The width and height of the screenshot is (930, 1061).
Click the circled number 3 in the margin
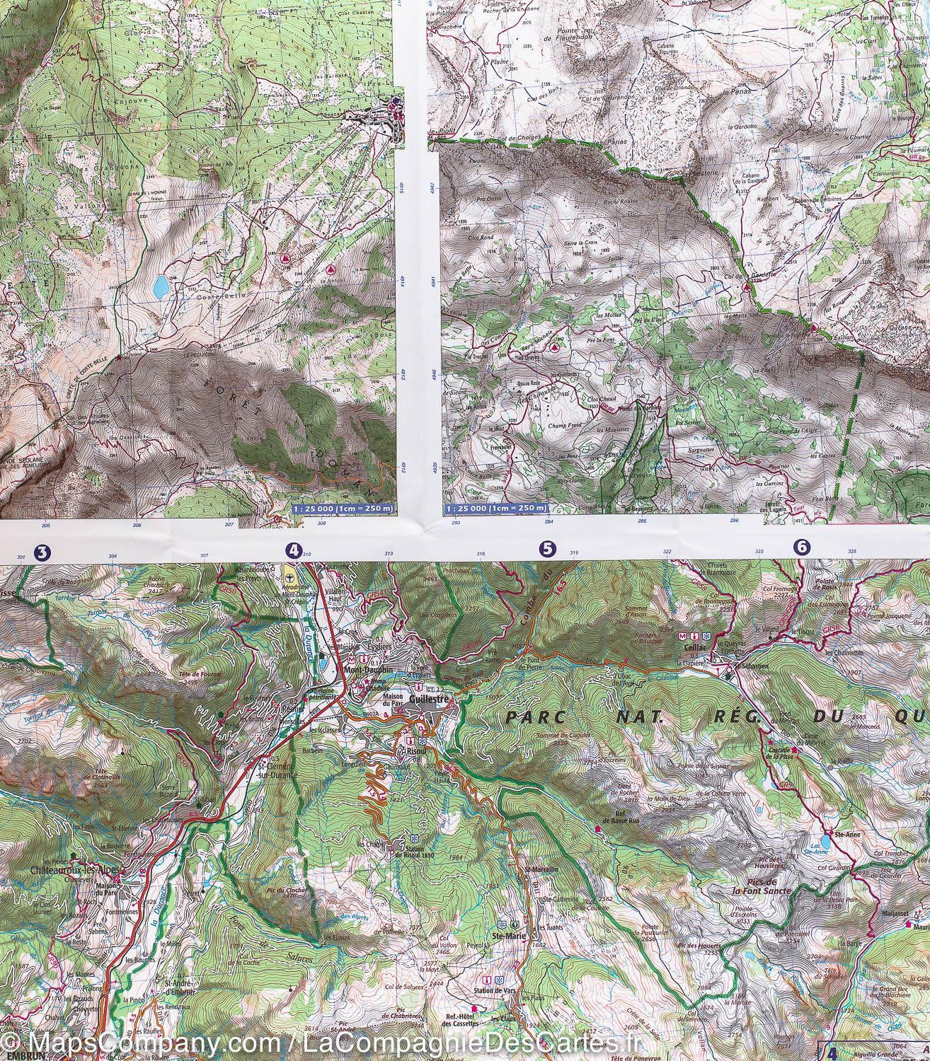(x=42, y=552)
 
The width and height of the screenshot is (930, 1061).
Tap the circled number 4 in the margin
(x=292, y=550)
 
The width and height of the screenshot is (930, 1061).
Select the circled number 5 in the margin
(x=546, y=547)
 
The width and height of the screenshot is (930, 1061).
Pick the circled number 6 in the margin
(x=801, y=546)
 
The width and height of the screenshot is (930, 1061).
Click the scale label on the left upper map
(x=343, y=508)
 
